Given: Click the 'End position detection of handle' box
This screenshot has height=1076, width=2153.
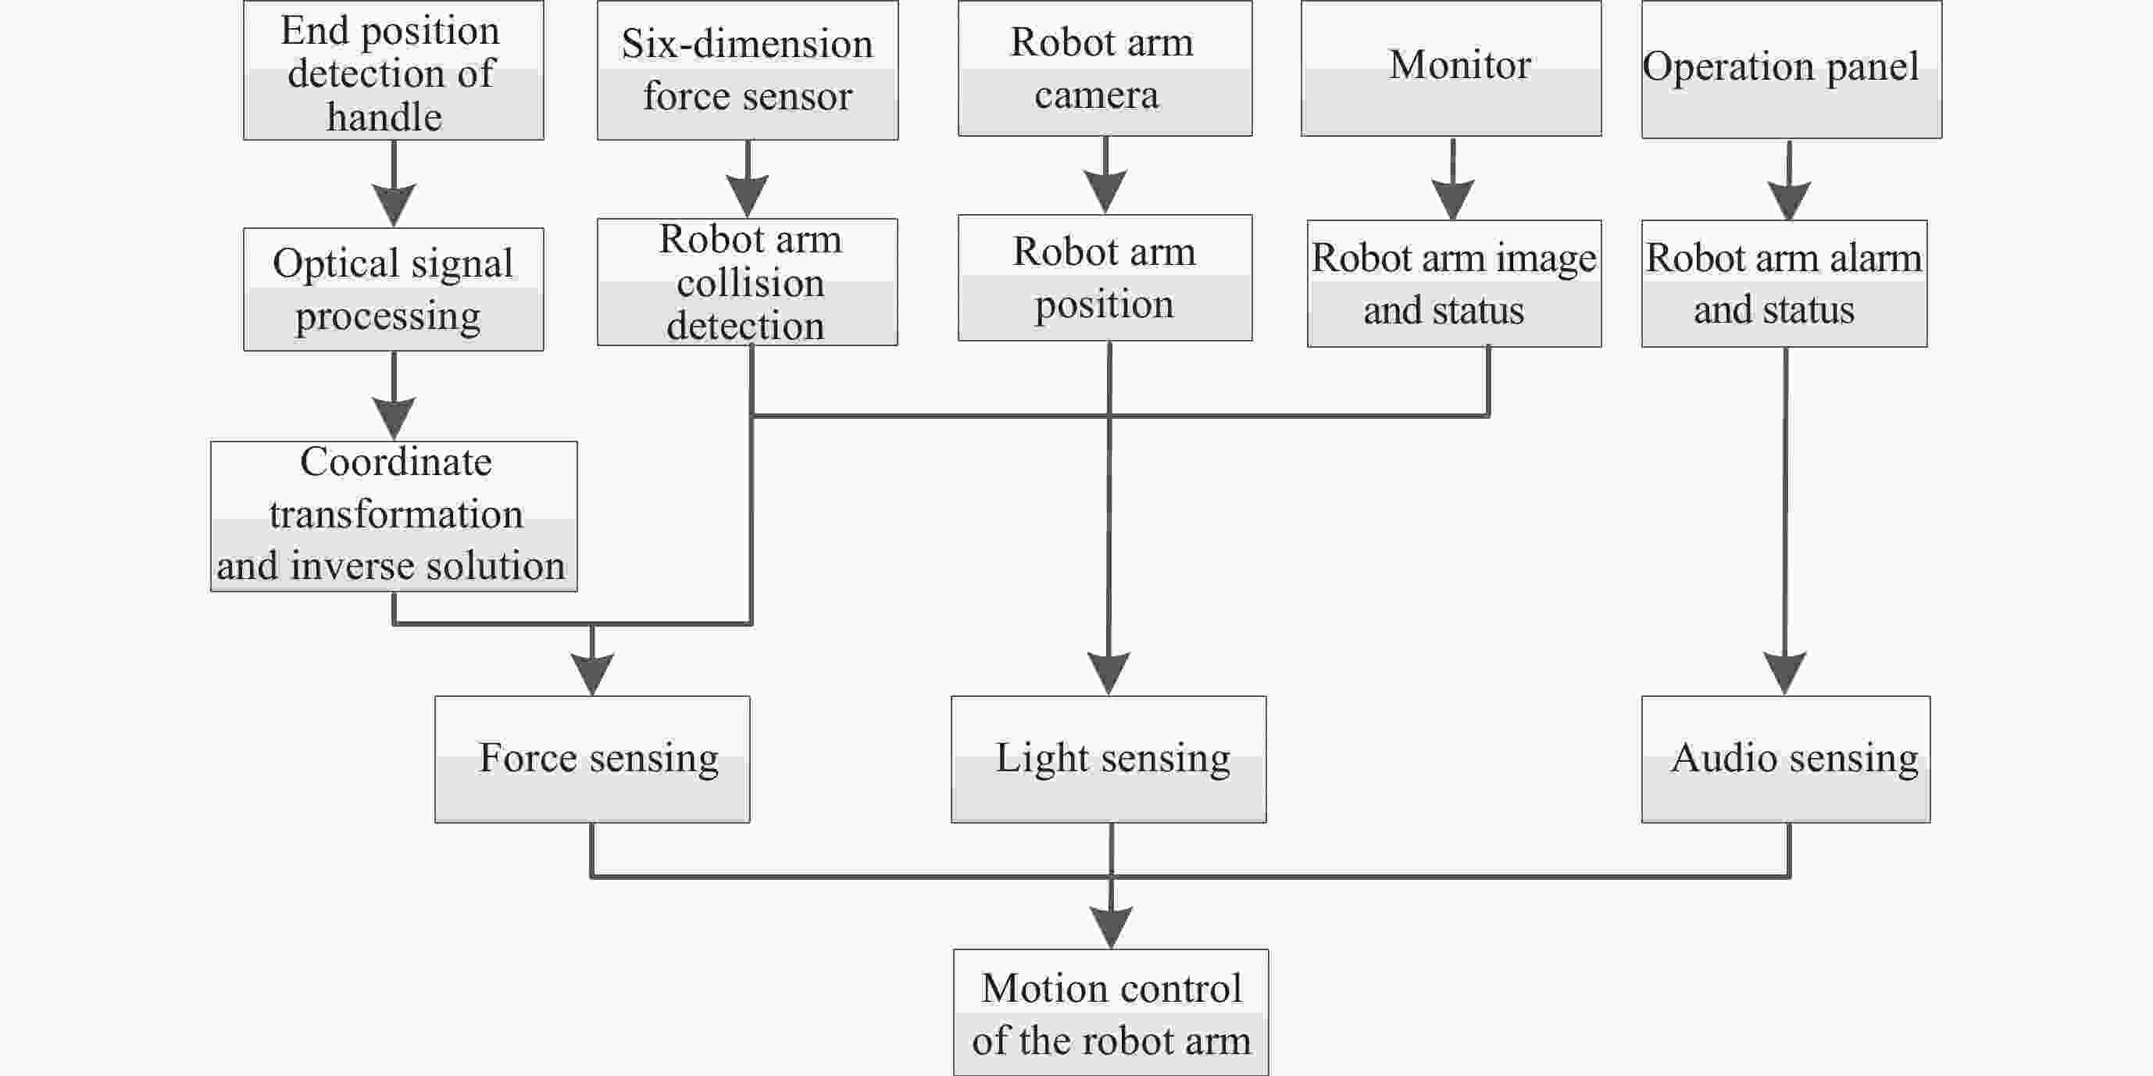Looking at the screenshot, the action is [394, 70].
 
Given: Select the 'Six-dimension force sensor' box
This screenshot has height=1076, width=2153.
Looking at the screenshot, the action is [748, 70].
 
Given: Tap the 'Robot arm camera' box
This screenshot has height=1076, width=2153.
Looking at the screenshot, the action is [1105, 68].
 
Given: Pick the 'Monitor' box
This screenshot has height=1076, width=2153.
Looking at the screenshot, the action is [1451, 68].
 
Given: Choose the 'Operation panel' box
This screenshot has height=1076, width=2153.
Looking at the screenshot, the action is [1792, 69].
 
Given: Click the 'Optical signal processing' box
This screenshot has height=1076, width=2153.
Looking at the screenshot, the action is [394, 289].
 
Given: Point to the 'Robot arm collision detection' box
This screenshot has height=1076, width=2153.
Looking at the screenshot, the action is [748, 282].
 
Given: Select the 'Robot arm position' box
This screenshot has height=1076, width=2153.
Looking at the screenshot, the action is [1105, 277].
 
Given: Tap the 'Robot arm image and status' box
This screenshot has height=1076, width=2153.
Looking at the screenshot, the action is [1455, 284].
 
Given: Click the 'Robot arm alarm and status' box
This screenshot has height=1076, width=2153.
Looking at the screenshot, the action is [1784, 284].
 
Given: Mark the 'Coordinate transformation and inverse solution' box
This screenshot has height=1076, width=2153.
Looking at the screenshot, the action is [394, 517].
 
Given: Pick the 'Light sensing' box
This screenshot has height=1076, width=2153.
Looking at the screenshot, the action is [1109, 759].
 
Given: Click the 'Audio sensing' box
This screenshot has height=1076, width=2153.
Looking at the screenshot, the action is [1786, 759].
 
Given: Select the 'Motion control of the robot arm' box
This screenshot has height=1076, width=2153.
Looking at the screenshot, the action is [1112, 1013].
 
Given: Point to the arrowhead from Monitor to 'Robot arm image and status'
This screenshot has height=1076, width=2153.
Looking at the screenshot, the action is [1452, 199].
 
